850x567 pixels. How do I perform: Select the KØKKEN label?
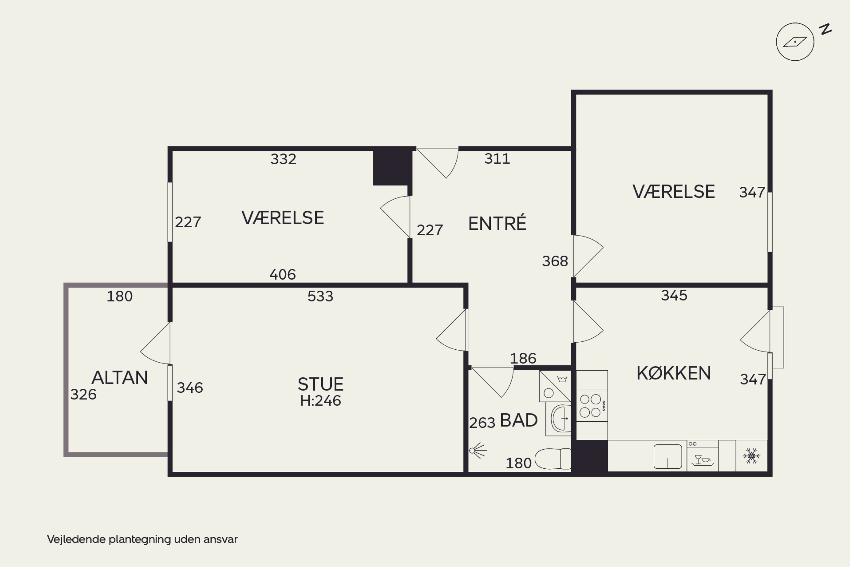(x=673, y=373)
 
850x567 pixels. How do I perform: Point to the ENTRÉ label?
(x=497, y=223)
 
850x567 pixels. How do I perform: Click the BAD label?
(x=518, y=420)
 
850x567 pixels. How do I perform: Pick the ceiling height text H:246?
(x=320, y=401)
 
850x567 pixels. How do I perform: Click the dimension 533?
(x=320, y=296)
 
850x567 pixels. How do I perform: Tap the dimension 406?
(x=282, y=275)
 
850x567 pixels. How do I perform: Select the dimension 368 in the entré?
(x=555, y=261)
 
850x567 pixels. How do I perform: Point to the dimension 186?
(x=523, y=358)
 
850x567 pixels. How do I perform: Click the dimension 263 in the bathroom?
(x=482, y=423)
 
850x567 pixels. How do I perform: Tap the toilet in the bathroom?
(x=553, y=459)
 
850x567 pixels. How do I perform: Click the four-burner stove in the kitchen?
(x=592, y=405)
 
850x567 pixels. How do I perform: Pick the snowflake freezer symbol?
(x=751, y=456)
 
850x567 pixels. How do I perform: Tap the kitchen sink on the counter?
(x=668, y=456)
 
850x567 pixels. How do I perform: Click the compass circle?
(x=795, y=42)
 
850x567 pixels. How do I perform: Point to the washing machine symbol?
(x=555, y=386)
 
